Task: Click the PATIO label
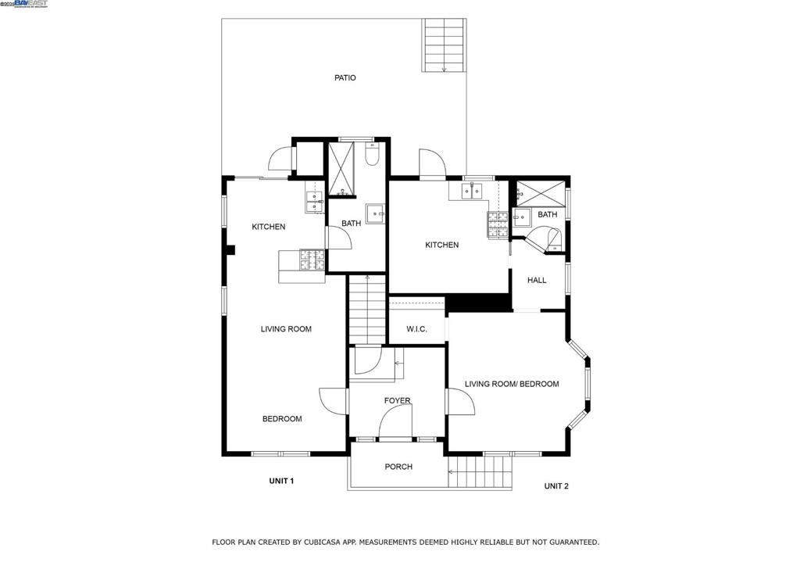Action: pos(345,77)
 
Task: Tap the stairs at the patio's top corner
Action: pos(445,45)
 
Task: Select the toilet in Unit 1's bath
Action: pos(373,155)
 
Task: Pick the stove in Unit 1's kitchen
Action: pos(312,259)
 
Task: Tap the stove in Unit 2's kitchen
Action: pos(497,224)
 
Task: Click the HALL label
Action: pos(537,280)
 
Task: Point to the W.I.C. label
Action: pos(416,329)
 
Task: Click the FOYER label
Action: pos(397,401)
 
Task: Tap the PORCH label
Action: pos(398,467)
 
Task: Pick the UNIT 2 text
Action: pos(556,486)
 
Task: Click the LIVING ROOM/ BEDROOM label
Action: pos(512,384)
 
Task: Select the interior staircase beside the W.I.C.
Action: pos(367,310)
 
